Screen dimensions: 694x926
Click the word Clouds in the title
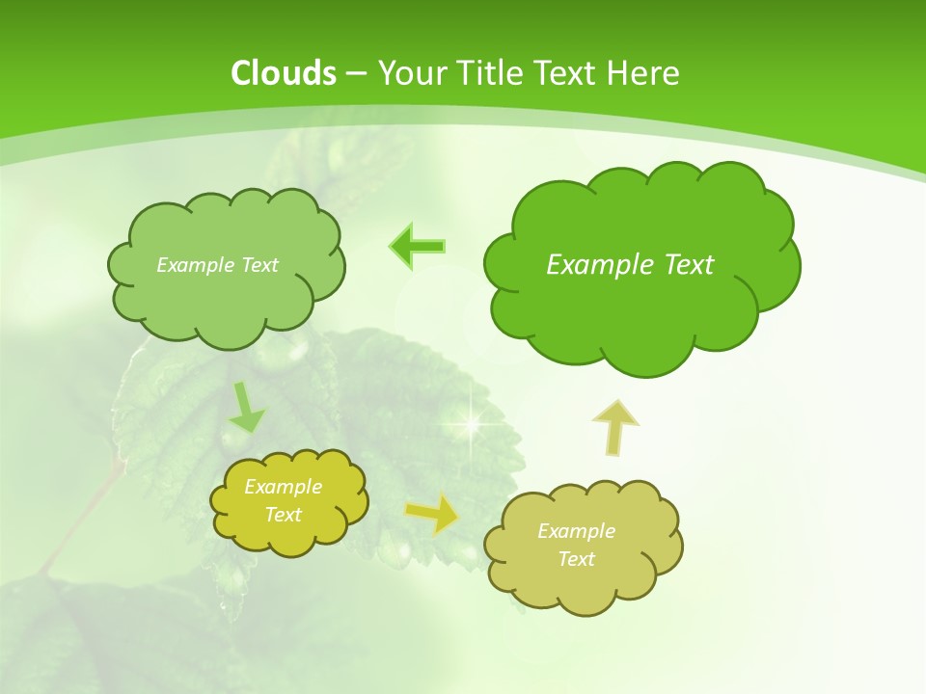click(x=284, y=73)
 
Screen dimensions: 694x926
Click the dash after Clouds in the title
click(x=355, y=74)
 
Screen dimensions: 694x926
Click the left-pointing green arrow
click(x=417, y=246)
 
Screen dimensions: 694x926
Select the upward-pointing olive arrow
click(x=614, y=427)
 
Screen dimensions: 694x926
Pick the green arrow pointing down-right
click(x=247, y=408)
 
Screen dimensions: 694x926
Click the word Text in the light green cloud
click(x=259, y=265)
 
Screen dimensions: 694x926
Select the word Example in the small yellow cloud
click(x=284, y=487)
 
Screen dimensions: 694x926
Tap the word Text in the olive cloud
click(x=576, y=559)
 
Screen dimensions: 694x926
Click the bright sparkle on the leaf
click(x=472, y=421)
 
